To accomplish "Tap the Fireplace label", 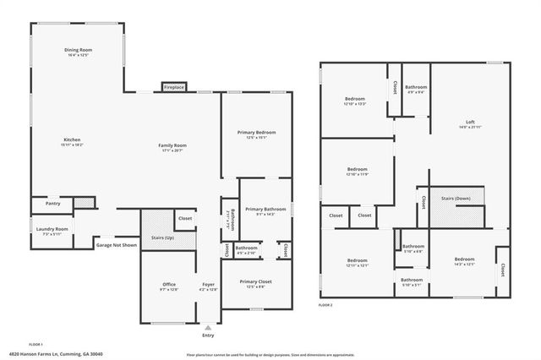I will pyautogui.click(x=175, y=87).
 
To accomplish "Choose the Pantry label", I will pyautogui.click(x=51, y=204).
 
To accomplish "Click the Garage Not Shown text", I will pyautogui.click(x=116, y=244).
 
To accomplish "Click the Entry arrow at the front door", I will pyautogui.click(x=208, y=326).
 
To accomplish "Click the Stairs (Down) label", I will pyautogui.click(x=456, y=199).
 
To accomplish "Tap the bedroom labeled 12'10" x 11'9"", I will pyautogui.click(x=357, y=172).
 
